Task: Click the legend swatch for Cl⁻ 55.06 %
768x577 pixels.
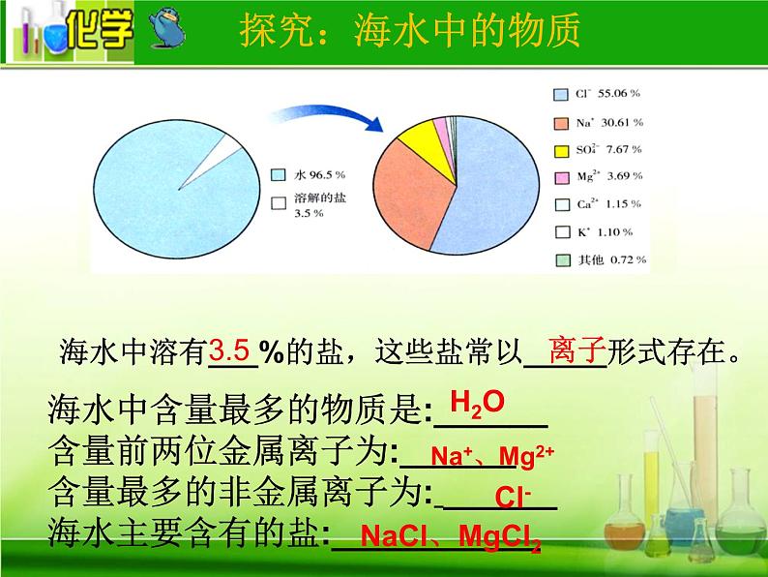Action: (x=561, y=95)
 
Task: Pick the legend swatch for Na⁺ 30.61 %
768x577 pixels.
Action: (x=561, y=124)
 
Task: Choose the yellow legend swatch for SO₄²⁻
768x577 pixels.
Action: (x=561, y=151)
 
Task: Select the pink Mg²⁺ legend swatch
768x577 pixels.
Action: (x=562, y=177)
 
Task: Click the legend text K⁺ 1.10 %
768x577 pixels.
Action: (x=605, y=232)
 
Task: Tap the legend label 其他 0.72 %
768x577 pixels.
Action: (x=612, y=259)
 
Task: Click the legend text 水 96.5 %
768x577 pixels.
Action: (x=320, y=175)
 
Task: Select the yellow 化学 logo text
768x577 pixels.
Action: (x=100, y=30)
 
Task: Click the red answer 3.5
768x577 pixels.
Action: (x=229, y=350)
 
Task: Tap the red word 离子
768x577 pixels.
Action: (x=577, y=350)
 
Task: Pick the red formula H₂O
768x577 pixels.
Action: (x=477, y=404)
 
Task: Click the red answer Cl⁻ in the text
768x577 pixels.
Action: (x=513, y=497)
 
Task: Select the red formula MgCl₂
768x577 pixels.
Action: (x=500, y=536)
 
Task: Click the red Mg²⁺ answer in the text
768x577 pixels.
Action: (x=526, y=457)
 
